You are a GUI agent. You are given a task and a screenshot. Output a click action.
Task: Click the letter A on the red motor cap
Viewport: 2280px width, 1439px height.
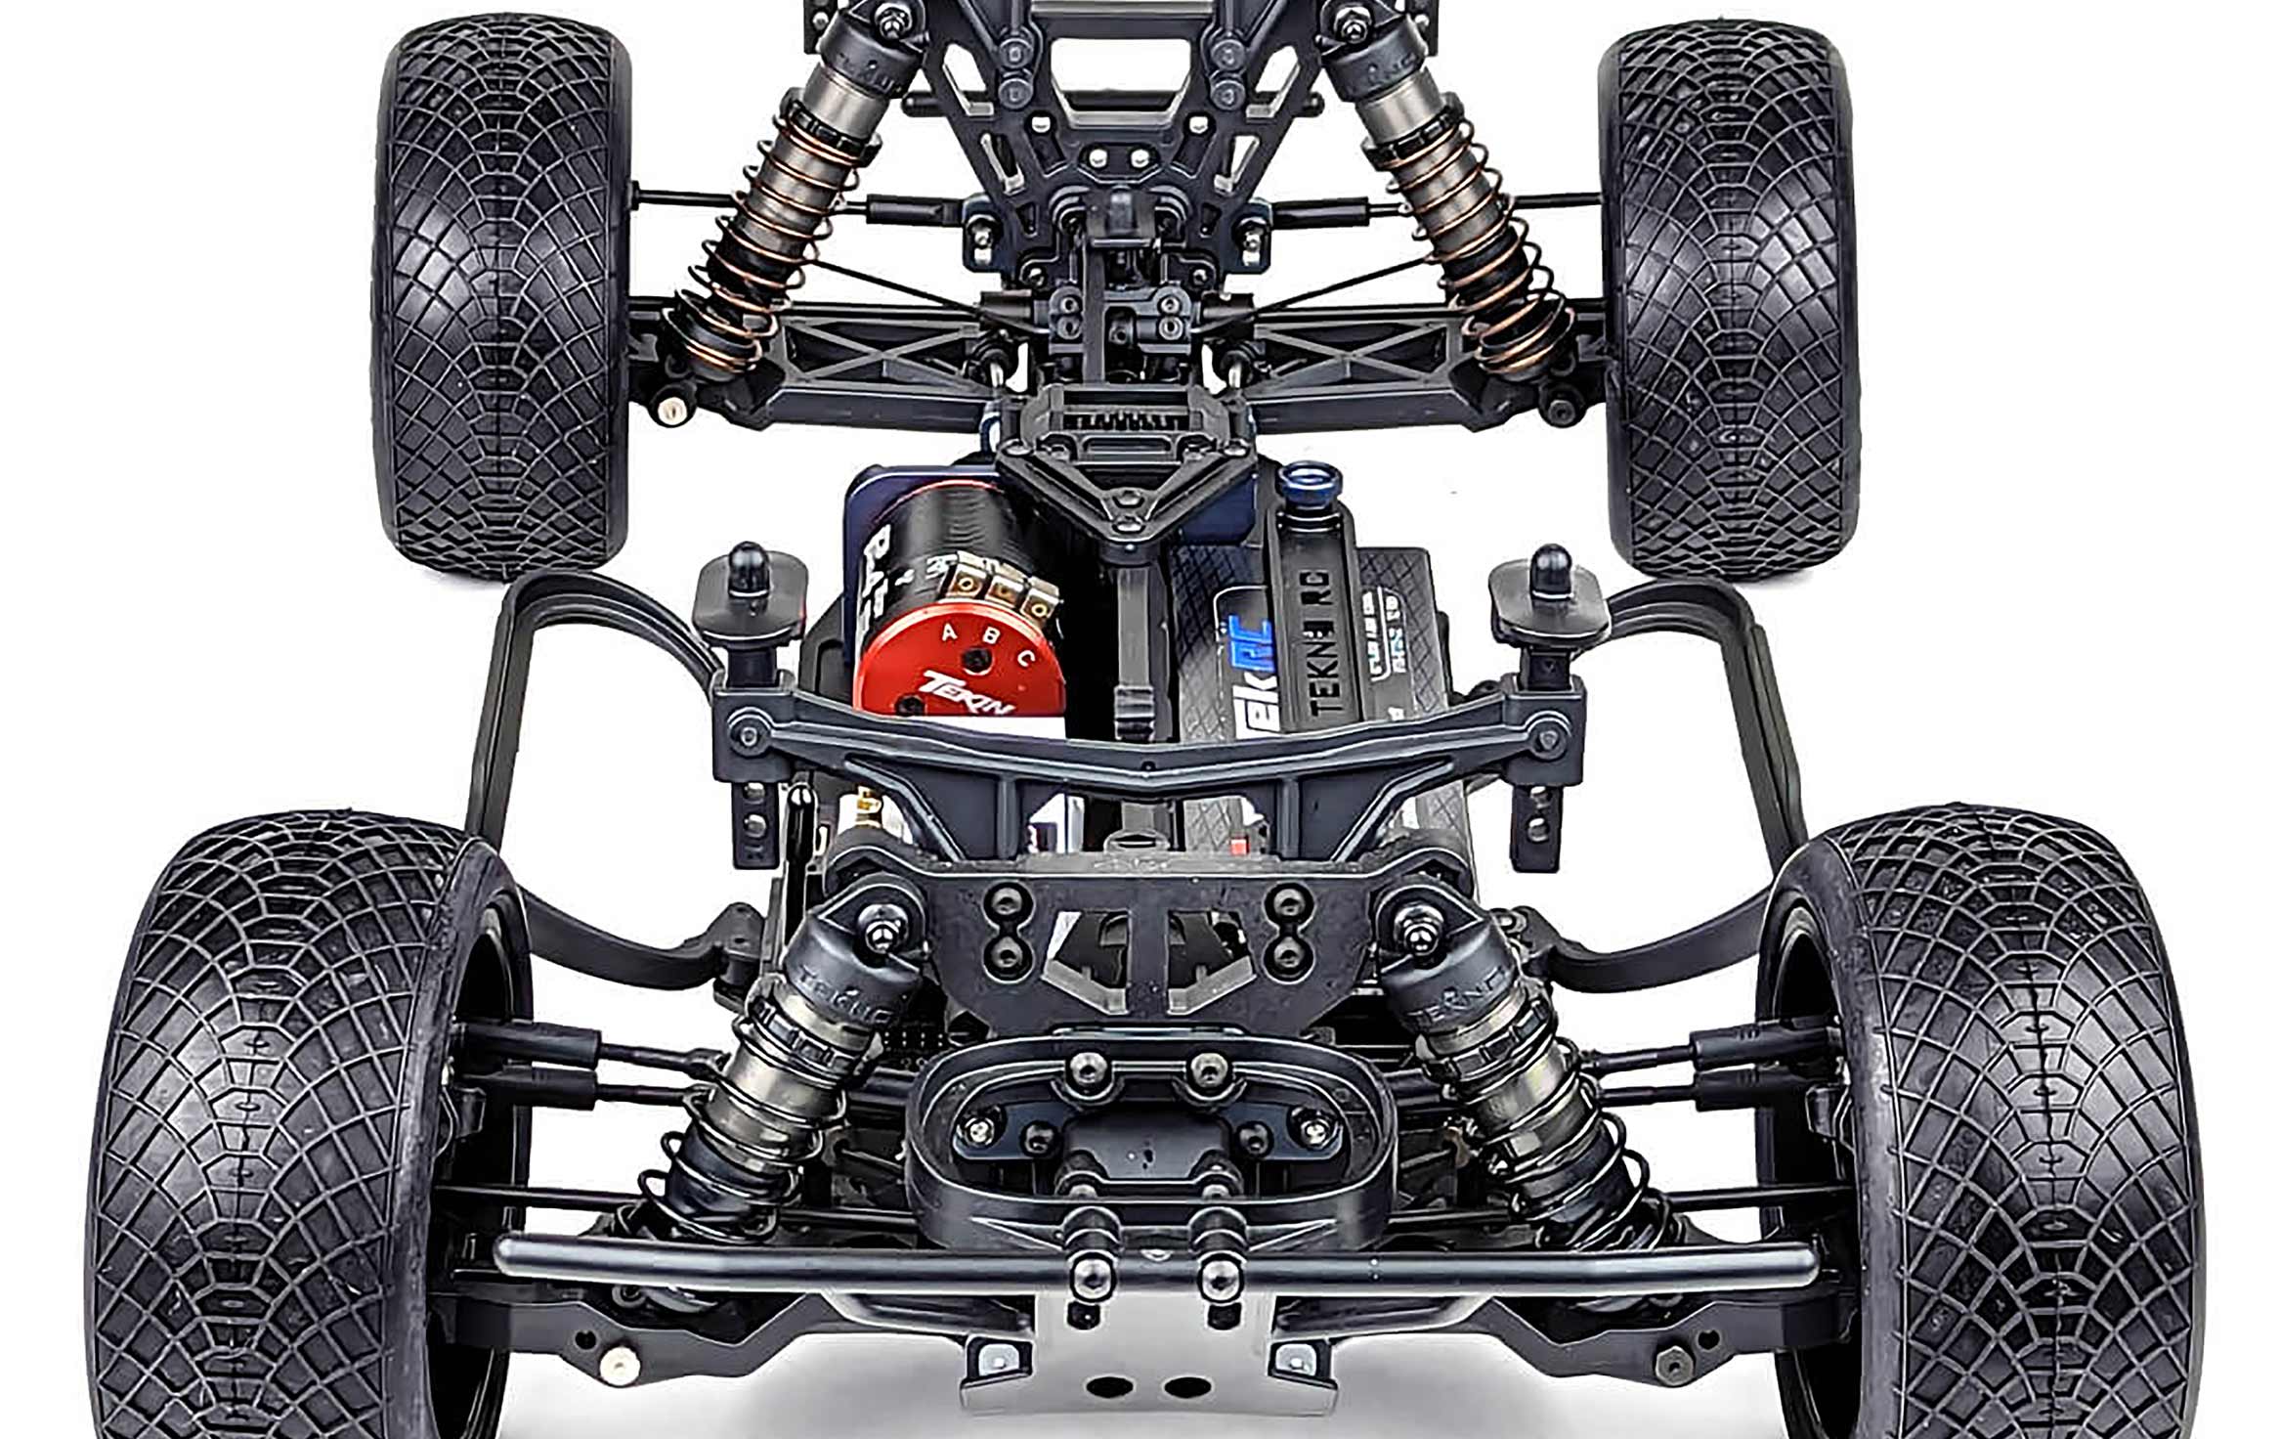tap(947, 633)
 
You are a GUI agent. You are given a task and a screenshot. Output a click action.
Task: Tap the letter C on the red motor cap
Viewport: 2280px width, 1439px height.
tap(1025, 658)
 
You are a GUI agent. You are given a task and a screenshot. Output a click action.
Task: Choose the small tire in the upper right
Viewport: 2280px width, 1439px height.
tap(1730, 293)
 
